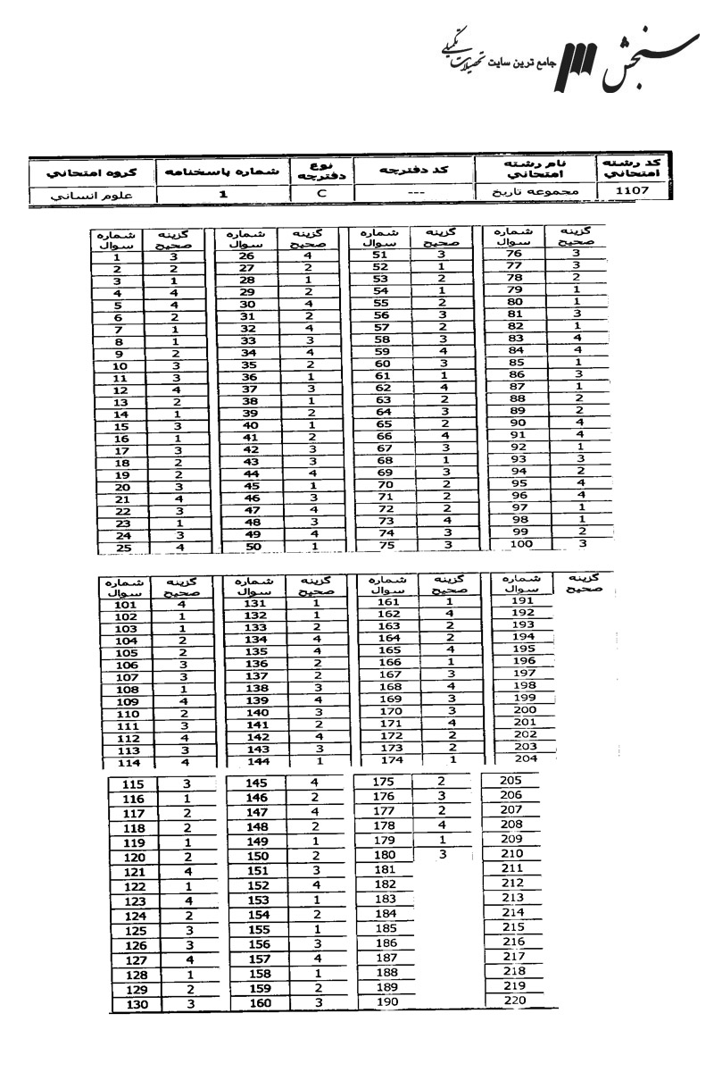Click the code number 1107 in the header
(x=637, y=191)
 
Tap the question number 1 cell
(x=117, y=255)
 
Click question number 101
(x=126, y=605)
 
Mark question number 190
(x=385, y=1001)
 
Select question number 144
(x=256, y=762)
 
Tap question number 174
(x=390, y=759)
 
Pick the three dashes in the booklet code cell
(x=413, y=192)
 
